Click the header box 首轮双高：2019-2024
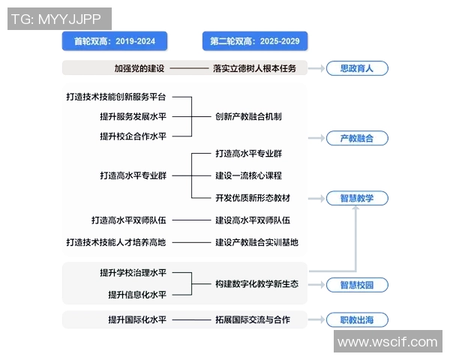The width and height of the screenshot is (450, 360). [114, 40]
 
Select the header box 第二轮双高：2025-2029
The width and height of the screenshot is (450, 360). [255, 40]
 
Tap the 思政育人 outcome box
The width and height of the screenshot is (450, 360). [357, 68]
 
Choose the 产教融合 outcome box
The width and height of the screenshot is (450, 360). [357, 138]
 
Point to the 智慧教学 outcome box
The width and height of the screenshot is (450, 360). [357, 198]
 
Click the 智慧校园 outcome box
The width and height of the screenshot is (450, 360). [357, 285]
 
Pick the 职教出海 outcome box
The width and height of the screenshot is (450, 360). [357, 320]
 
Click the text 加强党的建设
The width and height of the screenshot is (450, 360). [139, 68]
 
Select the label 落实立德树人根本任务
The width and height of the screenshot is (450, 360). [255, 68]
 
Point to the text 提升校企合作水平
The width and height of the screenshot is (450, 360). [133, 136]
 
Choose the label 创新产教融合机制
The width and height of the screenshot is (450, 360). [248, 116]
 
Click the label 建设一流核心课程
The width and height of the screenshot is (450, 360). [248, 175]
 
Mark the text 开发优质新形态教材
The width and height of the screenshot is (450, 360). [252, 198]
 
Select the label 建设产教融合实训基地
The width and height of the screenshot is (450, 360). [256, 242]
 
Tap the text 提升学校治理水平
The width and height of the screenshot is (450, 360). [133, 271]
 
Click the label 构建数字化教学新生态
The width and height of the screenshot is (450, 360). [256, 284]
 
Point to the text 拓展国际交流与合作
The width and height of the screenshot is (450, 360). [252, 320]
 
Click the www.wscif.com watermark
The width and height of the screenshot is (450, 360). [387, 342]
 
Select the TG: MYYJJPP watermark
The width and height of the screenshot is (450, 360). [59, 19]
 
